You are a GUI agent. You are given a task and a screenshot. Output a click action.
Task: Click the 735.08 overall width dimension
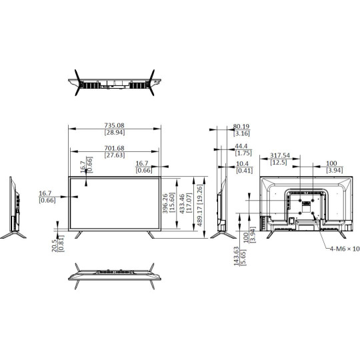click(114, 125)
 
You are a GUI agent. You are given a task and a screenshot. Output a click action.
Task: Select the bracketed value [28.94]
click(114, 133)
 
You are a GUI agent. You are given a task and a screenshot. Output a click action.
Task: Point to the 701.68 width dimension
click(114, 147)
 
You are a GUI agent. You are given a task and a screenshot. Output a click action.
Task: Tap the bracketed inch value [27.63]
click(114, 155)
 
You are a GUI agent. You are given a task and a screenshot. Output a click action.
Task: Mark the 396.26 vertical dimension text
click(165, 203)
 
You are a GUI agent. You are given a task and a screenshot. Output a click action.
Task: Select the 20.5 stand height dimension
click(54, 246)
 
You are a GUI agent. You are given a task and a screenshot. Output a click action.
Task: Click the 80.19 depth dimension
click(241, 126)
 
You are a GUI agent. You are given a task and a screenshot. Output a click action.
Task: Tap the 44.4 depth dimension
click(241, 146)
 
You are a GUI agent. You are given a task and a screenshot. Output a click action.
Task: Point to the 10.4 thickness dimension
click(242, 163)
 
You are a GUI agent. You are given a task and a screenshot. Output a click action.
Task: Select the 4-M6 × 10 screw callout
click(344, 249)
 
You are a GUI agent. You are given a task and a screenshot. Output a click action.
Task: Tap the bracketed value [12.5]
click(278, 162)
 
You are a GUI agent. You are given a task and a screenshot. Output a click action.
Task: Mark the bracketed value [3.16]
click(241, 133)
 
